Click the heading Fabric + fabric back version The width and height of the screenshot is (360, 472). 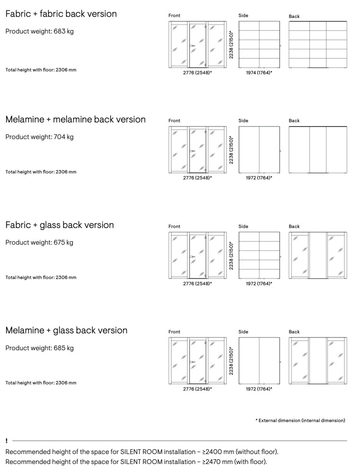click(61, 14)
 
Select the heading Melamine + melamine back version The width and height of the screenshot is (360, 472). click(76, 119)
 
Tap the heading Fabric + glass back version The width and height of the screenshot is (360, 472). click(60, 225)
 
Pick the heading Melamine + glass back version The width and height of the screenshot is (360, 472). click(66, 330)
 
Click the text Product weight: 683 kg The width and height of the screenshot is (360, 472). click(39, 32)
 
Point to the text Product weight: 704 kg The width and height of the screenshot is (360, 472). click(39, 137)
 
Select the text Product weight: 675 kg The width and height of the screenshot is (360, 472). click(39, 243)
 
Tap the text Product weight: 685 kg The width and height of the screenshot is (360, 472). click(39, 348)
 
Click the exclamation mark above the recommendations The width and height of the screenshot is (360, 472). click(7, 441)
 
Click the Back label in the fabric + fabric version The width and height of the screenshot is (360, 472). click(294, 17)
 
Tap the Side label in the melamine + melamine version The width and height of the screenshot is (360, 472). click(243, 121)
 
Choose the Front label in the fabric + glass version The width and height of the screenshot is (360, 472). click(174, 227)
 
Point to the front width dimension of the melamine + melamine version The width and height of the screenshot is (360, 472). click(197, 178)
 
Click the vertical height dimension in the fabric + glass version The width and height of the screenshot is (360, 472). click(231, 256)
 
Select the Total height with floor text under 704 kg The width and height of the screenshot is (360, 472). click(41, 172)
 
